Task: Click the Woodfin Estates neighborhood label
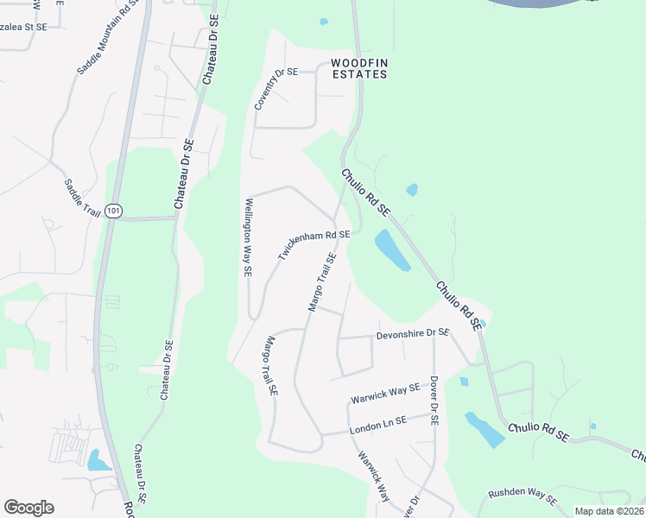coord(358,68)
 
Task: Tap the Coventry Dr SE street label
coord(275,89)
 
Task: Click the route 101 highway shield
coord(115,211)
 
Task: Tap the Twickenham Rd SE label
coord(313,245)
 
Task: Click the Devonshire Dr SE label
coord(413,333)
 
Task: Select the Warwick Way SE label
coord(384,395)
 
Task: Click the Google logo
coord(28,508)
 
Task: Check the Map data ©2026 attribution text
coord(609,511)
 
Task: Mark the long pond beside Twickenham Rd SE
coord(391,250)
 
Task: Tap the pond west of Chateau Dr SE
coord(98,460)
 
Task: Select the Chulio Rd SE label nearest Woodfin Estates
coord(365,192)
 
